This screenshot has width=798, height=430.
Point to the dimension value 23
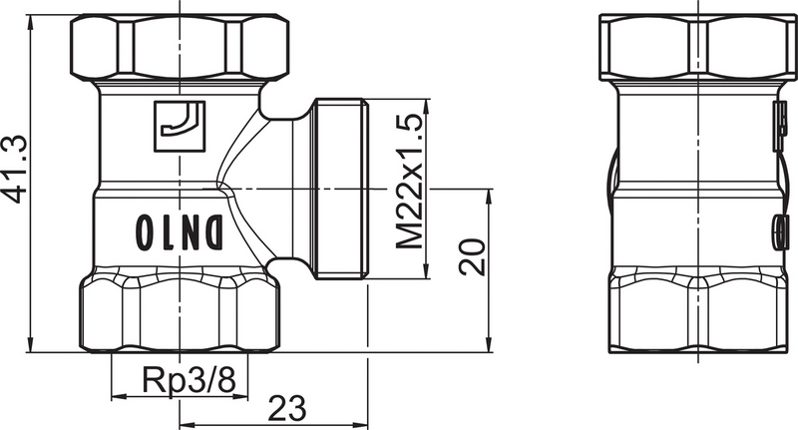(285, 409)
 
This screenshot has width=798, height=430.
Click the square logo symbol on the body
(181, 126)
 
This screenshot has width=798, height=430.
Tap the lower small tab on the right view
(776, 232)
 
